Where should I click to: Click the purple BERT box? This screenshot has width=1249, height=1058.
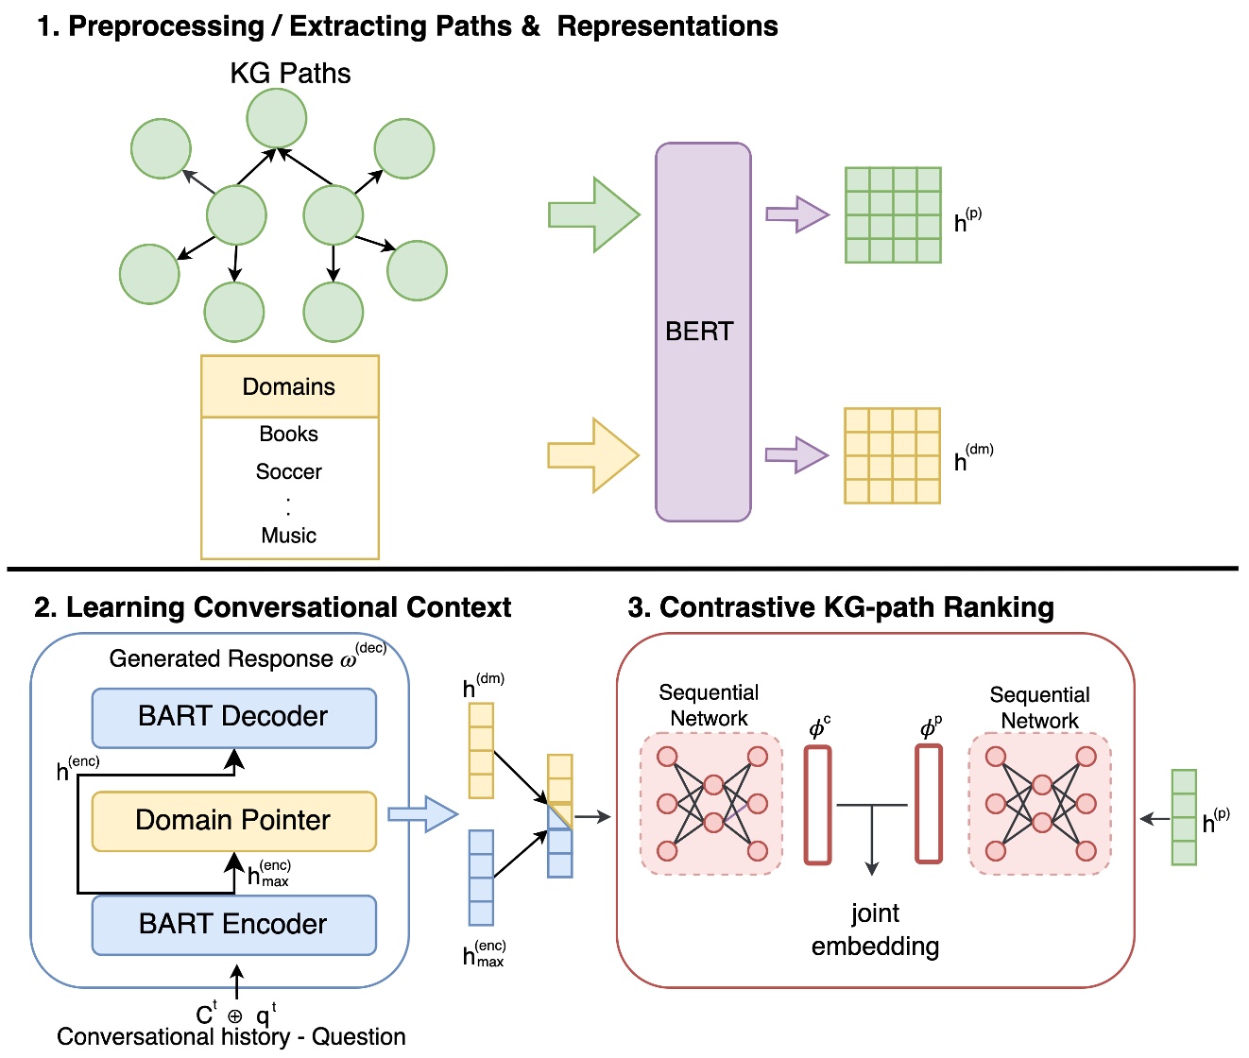coord(703,331)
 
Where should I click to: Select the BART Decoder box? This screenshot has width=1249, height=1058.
coord(233,717)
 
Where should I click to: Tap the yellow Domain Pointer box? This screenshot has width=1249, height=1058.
coord(233,820)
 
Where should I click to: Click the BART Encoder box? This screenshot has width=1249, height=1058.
coord(233,924)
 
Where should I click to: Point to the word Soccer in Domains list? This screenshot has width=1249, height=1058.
coord(289,471)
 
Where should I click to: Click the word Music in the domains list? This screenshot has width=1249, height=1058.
coord(289,536)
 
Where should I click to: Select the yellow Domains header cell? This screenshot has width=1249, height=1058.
coord(289,386)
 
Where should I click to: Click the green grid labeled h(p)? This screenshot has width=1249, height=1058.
coord(893,214)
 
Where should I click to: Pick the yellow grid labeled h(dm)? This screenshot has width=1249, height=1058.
coord(892,455)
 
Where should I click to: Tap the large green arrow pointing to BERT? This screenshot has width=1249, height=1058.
coord(593,214)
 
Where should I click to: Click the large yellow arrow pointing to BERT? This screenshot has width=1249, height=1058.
coord(593,455)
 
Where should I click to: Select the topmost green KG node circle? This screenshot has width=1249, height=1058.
coord(277,119)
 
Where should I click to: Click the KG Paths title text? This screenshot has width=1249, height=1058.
coord(290,74)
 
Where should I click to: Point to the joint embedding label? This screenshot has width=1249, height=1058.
coord(875,930)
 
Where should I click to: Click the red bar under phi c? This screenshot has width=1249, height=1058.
coord(817,805)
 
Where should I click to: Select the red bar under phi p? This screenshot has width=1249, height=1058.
coord(929,804)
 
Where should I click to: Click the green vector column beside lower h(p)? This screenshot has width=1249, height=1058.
coord(1184,817)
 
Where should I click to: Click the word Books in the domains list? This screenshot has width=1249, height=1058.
coord(289,434)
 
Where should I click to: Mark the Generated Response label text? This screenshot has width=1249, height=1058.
coord(222,658)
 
